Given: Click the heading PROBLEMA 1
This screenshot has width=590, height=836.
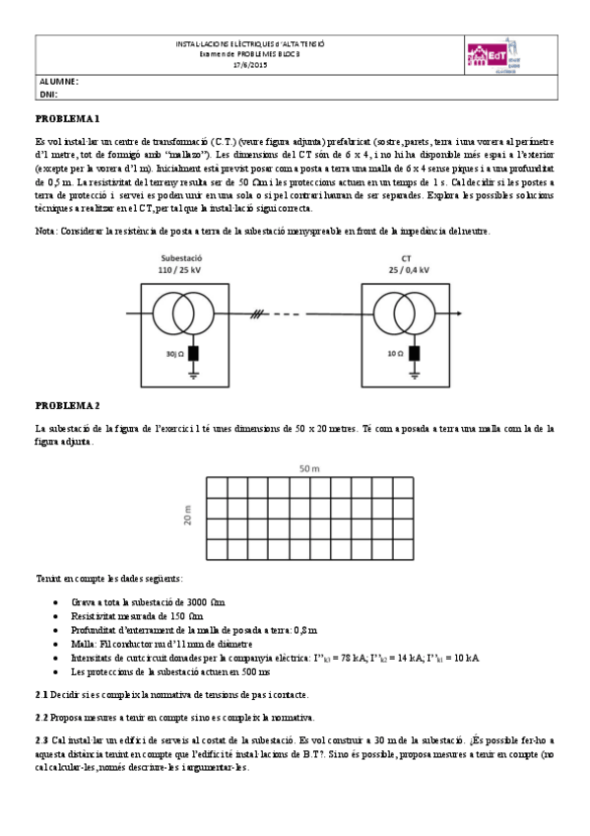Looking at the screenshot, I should (68, 118).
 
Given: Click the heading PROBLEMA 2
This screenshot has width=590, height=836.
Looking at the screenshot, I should (68, 405).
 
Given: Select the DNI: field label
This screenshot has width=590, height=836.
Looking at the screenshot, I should (48, 95).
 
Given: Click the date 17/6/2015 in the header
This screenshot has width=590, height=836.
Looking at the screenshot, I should (249, 65).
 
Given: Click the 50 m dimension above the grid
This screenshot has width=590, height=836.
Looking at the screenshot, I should (309, 468).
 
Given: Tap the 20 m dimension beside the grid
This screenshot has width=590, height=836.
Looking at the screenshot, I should (188, 516).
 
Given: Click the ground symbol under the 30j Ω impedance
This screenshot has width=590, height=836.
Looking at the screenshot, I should (194, 377).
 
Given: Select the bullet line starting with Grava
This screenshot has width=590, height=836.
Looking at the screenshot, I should (148, 601).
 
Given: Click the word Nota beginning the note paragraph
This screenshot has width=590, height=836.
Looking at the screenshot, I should (46, 231).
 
